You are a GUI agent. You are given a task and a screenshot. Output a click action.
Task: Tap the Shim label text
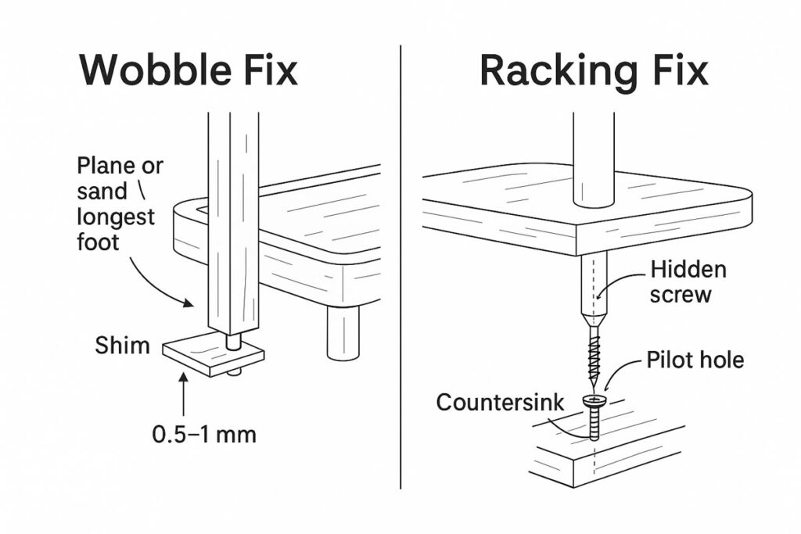(123, 346)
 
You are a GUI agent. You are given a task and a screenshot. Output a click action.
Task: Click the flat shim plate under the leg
(213, 356)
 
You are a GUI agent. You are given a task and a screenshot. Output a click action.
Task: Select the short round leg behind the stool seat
(343, 332)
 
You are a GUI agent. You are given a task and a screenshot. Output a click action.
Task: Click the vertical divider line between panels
(400, 266)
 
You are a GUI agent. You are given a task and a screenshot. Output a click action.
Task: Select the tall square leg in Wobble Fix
(232, 219)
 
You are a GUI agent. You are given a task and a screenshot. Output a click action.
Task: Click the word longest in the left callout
(116, 217)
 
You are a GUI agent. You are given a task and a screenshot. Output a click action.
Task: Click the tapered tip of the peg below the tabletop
(594, 317)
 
